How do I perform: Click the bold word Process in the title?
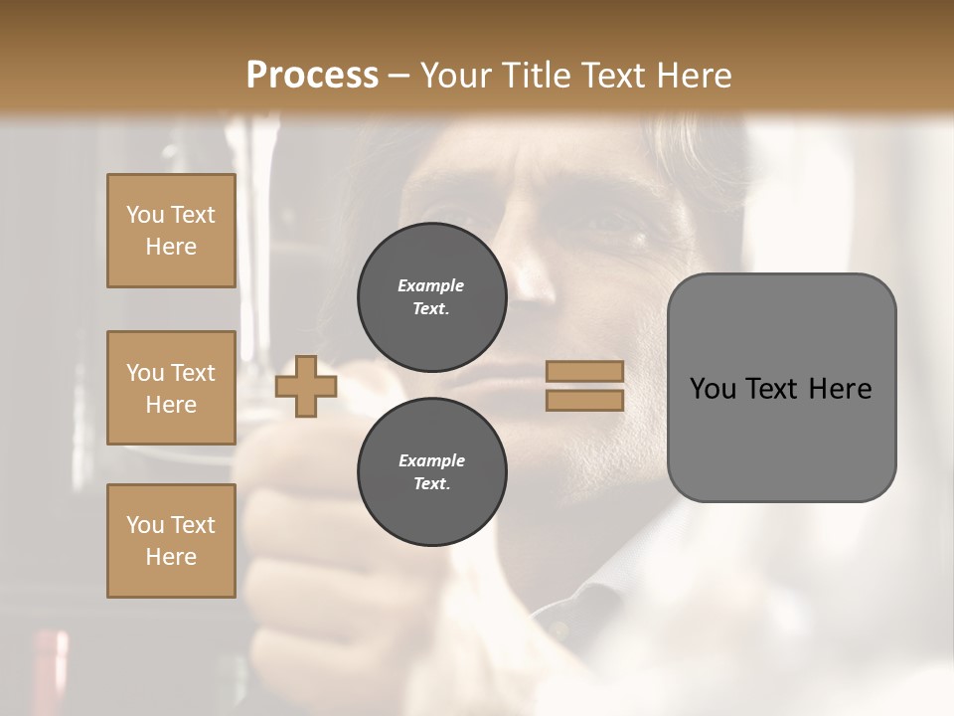coord(312,76)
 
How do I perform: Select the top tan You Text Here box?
coord(171,231)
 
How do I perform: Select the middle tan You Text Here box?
coord(171,388)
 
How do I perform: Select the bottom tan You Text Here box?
coord(171,540)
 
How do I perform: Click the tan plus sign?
coord(306,386)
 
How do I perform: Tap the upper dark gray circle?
coord(432,296)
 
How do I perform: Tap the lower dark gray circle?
coord(432,471)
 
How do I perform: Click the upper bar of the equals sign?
coord(585,372)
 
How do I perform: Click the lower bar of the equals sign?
coord(585,400)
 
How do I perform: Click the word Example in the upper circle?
coord(431,285)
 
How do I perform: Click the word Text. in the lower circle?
coord(432,483)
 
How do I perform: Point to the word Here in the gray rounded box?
coord(840,389)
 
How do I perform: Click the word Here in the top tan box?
coord(171,247)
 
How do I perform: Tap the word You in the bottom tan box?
coord(145,524)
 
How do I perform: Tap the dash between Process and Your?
coord(399,76)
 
